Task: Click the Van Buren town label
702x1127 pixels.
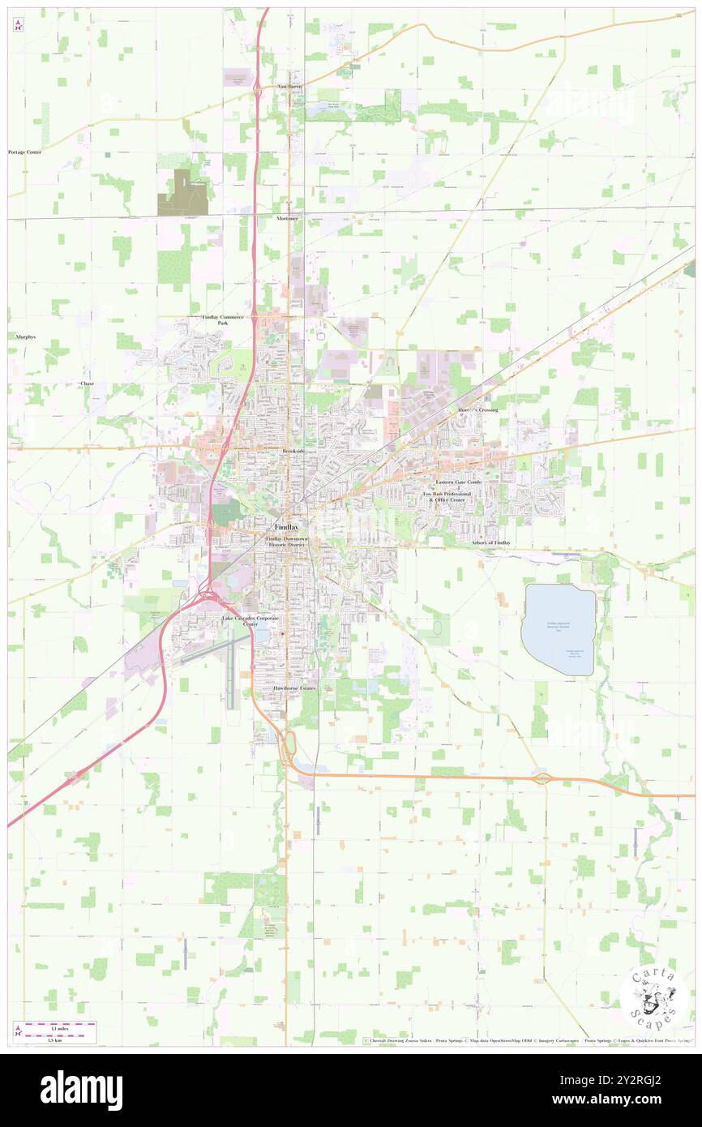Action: [x=289, y=86]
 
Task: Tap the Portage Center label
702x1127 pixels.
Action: [x=24, y=152]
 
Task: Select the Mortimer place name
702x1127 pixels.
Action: [x=288, y=218]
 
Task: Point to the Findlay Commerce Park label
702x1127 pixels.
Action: [x=222, y=319]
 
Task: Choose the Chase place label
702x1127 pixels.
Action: [x=87, y=384]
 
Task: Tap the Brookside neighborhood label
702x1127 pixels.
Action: [x=293, y=451]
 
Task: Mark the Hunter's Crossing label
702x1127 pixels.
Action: [x=477, y=410]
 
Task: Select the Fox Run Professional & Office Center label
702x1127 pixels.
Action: [x=449, y=497]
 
